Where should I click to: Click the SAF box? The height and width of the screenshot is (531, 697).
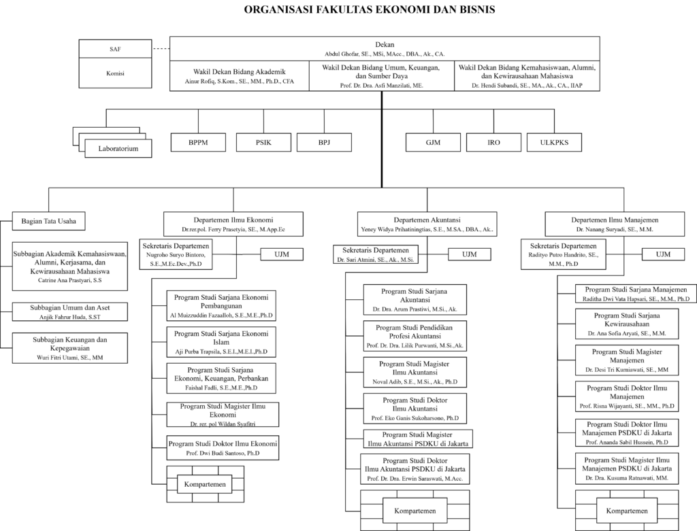pos(115,49)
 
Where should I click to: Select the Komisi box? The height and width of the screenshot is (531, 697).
pos(115,73)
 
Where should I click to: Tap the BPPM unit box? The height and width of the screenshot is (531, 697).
pos(198,143)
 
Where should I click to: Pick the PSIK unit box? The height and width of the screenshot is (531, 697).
pos(263,143)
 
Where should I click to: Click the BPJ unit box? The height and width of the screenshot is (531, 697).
pos(324,143)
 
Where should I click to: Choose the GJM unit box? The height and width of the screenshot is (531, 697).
pos(433,143)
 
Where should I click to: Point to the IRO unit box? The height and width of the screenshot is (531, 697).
pos(494,143)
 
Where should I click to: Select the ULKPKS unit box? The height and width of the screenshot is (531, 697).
pos(554,143)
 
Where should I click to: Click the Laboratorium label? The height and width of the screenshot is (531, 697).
pos(118,149)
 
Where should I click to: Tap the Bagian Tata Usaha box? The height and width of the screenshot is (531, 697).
pos(49,221)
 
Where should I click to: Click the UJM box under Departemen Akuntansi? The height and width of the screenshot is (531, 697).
pos(470,254)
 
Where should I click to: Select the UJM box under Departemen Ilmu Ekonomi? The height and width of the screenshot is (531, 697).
pos(282,254)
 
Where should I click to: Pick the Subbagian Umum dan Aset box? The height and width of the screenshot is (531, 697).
pos(70,311)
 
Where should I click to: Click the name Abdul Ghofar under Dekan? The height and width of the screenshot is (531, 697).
pos(342,54)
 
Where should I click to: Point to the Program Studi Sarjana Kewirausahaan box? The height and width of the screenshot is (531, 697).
pos(627,324)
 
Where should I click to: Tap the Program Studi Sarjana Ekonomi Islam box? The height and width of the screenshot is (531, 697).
pos(221,342)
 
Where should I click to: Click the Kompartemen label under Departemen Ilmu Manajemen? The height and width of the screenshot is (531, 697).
pos(627,511)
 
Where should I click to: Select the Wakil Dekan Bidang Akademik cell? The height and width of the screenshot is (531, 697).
pos(240,76)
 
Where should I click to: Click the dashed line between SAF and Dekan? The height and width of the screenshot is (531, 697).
pos(161,48)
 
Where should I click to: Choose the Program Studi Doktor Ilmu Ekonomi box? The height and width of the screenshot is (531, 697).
pos(223,447)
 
